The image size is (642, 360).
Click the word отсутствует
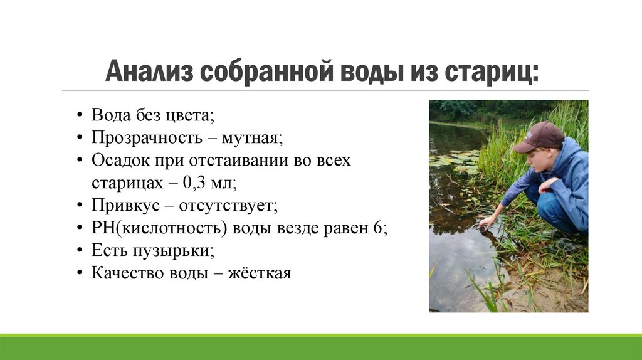(x=227, y=205)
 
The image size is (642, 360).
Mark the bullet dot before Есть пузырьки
(x=80, y=251)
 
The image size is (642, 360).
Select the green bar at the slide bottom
(x=321, y=348)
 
